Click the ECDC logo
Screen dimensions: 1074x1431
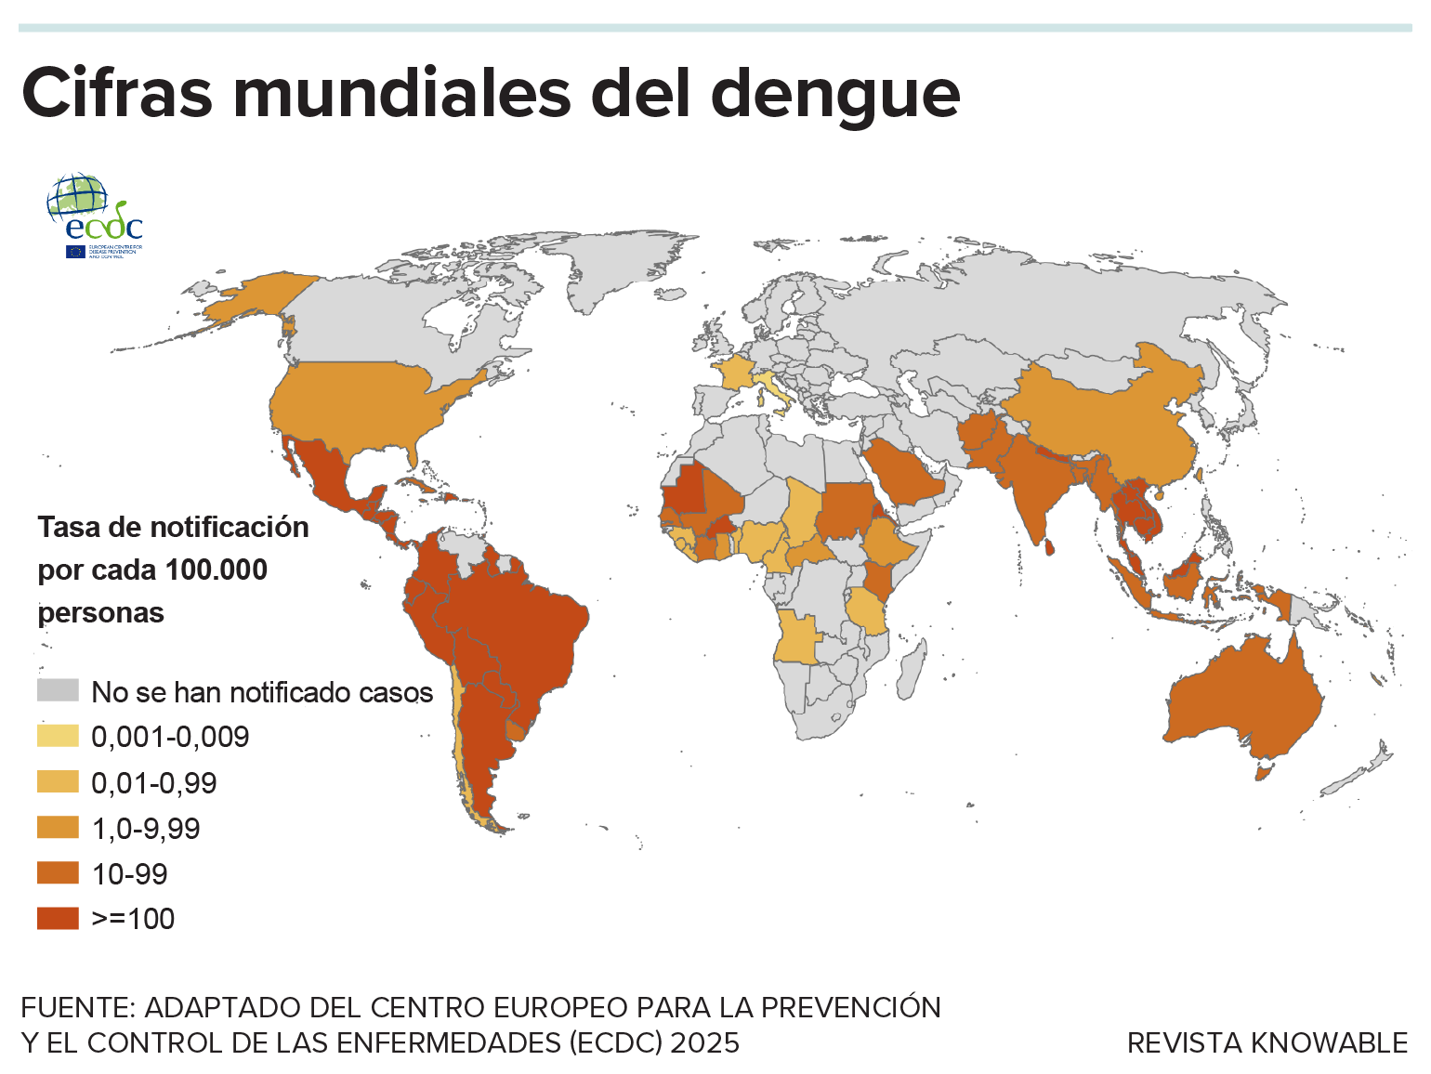[95, 215]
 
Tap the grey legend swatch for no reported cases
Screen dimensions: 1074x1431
[58, 690]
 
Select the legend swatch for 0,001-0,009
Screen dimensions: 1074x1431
[58, 736]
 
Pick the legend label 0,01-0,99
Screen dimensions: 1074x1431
[154, 783]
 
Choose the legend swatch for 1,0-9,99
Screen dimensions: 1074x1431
[58, 827]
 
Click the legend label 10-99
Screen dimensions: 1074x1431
[130, 873]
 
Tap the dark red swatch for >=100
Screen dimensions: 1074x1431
[58, 918]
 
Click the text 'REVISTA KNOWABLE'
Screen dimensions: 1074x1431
[1267, 1042]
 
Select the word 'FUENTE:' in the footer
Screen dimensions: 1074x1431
[78, 1007]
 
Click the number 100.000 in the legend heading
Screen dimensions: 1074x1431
[216, 570]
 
